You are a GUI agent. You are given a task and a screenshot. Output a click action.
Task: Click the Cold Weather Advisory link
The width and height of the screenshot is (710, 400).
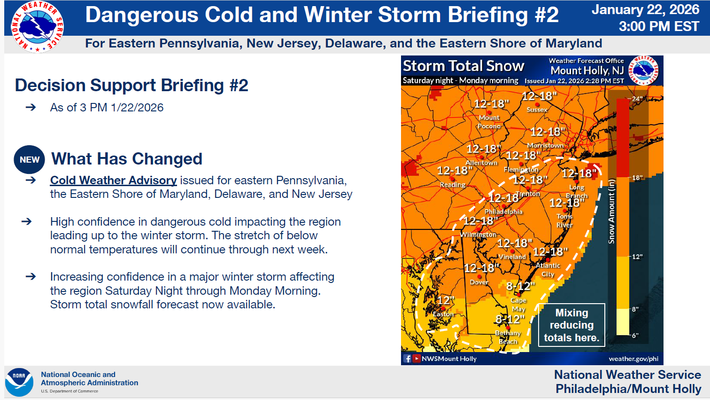point(113,180)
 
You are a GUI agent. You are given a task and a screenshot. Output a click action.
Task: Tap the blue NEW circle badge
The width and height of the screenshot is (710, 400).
point(30,160)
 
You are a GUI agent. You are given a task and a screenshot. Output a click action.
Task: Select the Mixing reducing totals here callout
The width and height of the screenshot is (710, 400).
point(571,325)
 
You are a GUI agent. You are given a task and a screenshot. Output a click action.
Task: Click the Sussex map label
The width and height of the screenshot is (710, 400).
point(537,110)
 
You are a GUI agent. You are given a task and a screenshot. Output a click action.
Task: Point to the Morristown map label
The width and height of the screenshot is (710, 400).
point(545,146)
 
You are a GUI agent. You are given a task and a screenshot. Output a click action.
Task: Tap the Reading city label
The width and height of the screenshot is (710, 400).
point(452,185)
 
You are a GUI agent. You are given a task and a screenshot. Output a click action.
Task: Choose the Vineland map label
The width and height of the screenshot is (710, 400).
point(512,257)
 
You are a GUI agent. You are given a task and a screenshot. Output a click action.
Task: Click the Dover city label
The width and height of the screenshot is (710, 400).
point(479,282)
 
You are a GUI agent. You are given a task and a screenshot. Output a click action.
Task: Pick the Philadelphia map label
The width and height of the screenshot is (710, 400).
point(503,212)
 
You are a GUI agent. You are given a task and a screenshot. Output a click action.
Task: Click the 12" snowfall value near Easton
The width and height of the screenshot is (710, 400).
point(446,300)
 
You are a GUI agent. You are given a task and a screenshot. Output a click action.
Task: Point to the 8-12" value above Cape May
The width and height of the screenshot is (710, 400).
point(520,286)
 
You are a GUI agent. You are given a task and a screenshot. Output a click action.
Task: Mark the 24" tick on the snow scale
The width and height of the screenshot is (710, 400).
point(637,99)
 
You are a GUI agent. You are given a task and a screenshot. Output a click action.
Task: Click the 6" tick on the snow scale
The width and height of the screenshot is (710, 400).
point(635,336)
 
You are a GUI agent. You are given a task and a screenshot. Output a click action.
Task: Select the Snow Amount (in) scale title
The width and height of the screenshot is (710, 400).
point(611,212)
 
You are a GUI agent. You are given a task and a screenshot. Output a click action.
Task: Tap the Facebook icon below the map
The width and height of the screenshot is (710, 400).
point(407,359)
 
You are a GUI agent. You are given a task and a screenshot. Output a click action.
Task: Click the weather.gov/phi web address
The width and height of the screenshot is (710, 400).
point(633,359)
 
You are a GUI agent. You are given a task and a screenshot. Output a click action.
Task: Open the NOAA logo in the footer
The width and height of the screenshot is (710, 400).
point(19,382)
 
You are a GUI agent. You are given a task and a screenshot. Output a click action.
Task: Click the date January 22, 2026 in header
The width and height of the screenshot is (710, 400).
point(645,10)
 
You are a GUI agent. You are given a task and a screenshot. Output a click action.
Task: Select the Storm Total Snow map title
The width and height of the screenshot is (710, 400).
point(463,66)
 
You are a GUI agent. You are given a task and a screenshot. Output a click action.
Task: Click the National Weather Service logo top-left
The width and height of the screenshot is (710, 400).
point(37,27)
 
